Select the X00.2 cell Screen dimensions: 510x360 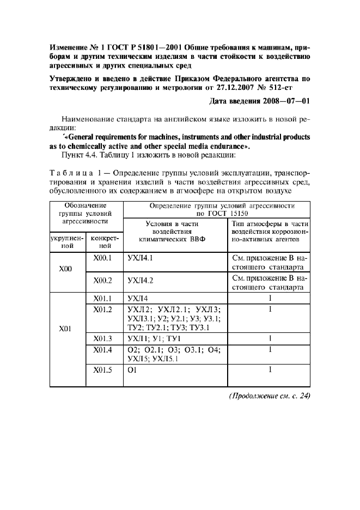tap(102, 280)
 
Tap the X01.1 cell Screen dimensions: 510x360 tap(102, 298)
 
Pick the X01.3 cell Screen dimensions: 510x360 tap(102, 338)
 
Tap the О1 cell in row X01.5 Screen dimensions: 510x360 tap(131, 371)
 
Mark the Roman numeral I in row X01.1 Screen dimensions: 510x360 tap(269, 298)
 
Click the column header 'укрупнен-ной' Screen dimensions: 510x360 tap(66, 241)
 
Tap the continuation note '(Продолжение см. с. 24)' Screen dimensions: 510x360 tap(270, 396)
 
